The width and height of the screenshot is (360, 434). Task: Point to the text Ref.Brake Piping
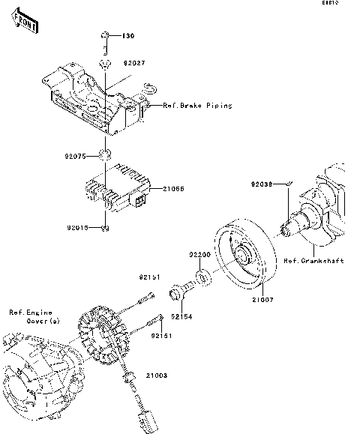197,106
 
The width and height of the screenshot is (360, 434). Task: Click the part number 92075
77,156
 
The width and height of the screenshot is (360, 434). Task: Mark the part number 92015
77,227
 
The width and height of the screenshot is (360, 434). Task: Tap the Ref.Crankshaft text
313,261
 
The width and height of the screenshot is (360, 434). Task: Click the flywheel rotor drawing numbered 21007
244,251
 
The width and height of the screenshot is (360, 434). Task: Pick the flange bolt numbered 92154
182,291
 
